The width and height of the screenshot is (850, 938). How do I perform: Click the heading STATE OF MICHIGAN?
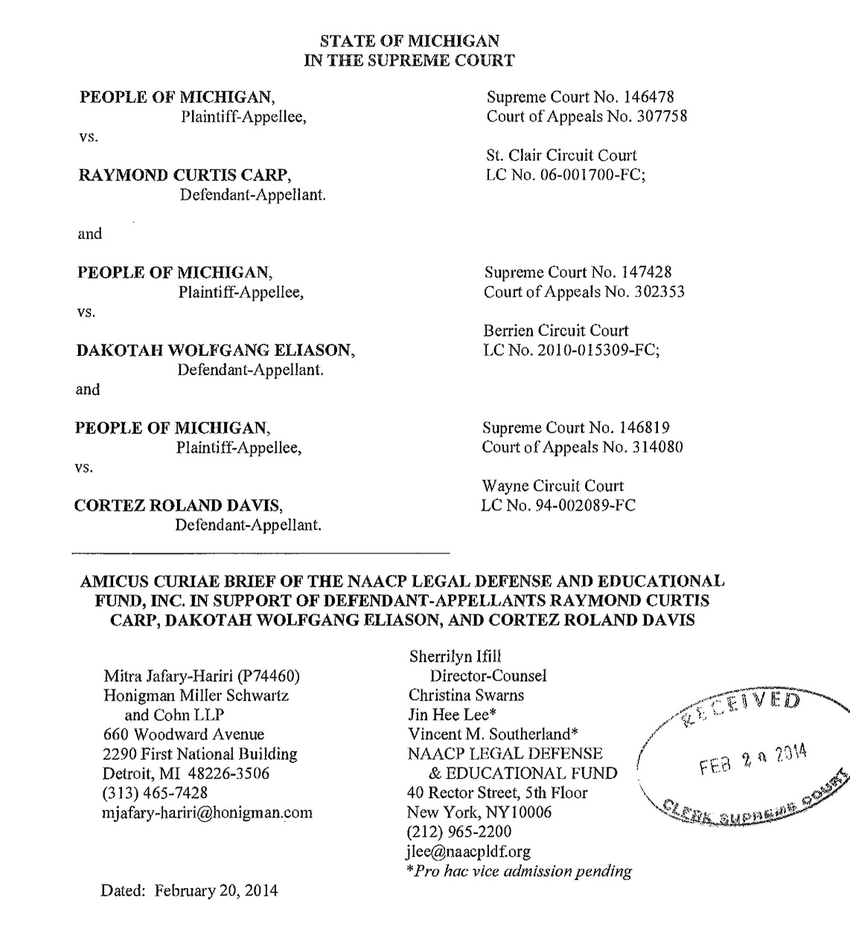click(409, 41)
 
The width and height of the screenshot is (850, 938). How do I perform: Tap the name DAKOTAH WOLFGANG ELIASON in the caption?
click(215, 350)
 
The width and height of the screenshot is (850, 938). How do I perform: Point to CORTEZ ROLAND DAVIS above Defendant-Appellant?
click(178, 506)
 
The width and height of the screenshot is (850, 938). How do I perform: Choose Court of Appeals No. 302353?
click(584, 292)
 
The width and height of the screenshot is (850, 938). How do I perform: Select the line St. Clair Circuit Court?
click(561, 156)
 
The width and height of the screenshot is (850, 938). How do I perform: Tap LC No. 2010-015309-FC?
click(571, 350)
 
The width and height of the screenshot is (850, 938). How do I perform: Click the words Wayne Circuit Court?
click(552, 486)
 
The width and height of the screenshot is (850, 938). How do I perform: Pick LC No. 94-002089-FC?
click(558, 505)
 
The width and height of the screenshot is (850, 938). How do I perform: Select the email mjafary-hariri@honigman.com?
click(208, 812)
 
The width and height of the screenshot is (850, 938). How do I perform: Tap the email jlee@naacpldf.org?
click(468, 851)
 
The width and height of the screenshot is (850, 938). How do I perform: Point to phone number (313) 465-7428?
click(155, 793)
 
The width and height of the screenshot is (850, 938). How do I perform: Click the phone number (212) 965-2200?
click(458, 832)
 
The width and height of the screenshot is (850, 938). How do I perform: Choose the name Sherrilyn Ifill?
click(455, 656)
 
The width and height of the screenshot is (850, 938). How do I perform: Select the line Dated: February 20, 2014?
click(189, 890)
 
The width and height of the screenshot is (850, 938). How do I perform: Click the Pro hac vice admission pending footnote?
click(519, 871)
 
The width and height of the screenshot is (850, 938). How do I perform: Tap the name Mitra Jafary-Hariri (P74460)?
click(201, 676)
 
